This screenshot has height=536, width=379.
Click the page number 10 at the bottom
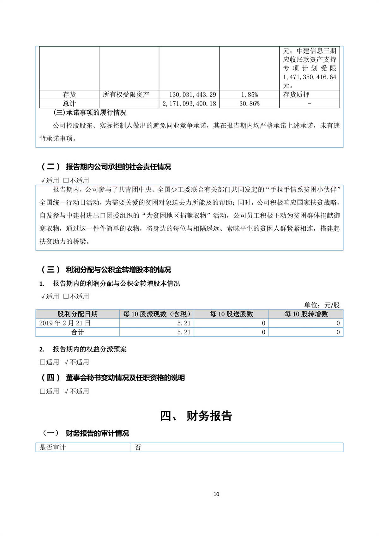(x=216, y=494)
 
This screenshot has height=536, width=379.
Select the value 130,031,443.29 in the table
(x=193, y=94)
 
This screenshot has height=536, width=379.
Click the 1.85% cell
(x=249, y=94)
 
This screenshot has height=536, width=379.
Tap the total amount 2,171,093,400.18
(x=189, y=104)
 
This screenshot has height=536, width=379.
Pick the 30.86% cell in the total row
(x=249, y=104)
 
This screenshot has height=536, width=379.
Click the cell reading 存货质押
(x=296, y=94)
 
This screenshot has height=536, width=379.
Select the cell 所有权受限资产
(x=126, y=94)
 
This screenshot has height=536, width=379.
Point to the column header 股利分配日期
(x=77, y=314)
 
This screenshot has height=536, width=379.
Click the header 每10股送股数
(x=231, y=314)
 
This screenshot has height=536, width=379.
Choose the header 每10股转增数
(x=306, y=314)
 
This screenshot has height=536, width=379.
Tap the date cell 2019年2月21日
(x=65, y=323)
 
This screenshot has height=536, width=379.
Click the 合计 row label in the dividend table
(x=77, y=332)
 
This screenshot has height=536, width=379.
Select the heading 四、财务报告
(x=196, y=416)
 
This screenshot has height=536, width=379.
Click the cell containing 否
(x=138, y=448)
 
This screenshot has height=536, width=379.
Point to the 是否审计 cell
(x=52, y=448)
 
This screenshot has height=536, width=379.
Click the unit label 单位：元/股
(x=322, y=305)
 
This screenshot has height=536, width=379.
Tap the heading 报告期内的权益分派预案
(x=89, y=349)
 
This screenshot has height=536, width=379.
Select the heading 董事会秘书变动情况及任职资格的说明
(x=125, y=378)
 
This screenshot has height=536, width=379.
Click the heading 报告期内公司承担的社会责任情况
(x=118, y=167)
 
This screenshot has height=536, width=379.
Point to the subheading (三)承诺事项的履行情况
(x=90, y=113)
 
